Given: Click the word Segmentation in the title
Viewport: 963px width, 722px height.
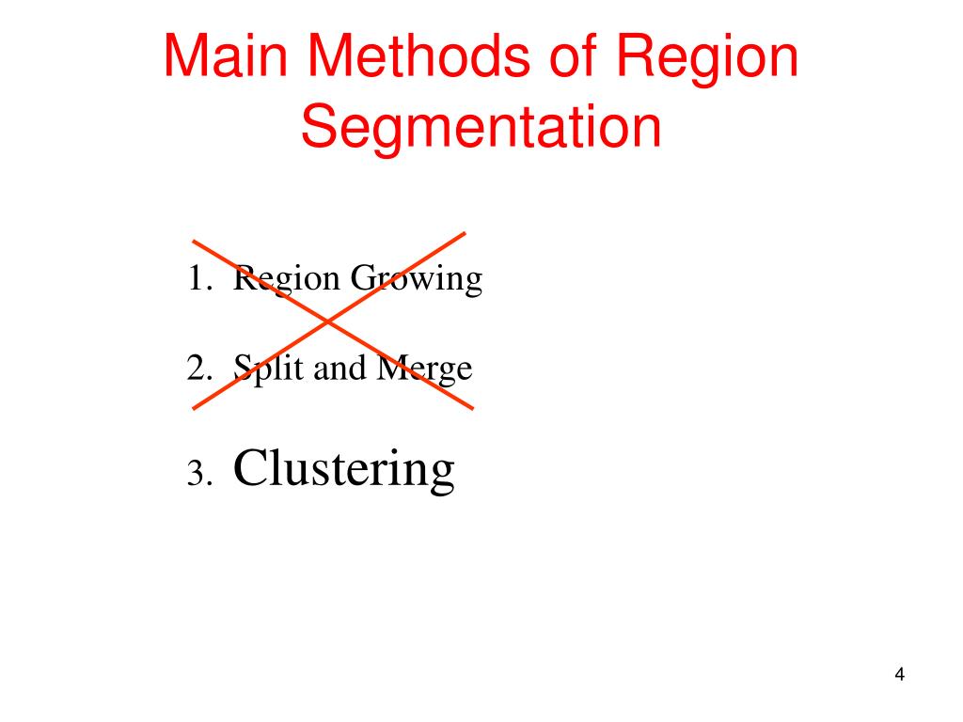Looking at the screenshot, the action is pyautogui.click(x=481, y=130).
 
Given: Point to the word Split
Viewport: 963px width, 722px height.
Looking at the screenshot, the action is pyautogui.click(x=269, y=369).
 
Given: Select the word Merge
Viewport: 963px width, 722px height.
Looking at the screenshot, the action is pyautogui.click(x=423, y=369).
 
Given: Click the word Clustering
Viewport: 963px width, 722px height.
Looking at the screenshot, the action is pyautogui.click(x=344, y=467).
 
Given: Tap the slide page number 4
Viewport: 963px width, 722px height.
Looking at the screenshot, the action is pyautogui.click(x=900, y=675).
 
